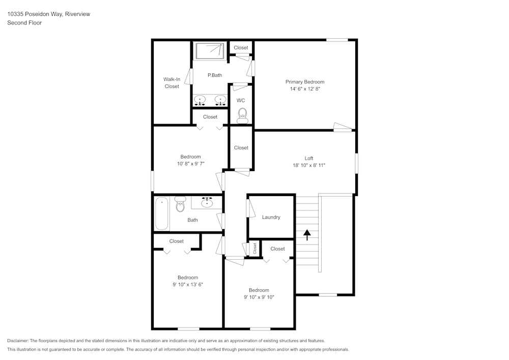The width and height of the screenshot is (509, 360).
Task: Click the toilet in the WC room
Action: point(242,115)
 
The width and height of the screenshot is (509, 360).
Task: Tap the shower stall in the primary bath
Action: point(210,50)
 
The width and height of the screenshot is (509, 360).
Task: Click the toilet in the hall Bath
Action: point(180,204)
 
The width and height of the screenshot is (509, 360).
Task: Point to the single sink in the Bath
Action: point(207,203)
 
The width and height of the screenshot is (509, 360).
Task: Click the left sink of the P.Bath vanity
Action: point(200,100)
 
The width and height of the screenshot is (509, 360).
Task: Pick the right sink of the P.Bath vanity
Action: point(220,100)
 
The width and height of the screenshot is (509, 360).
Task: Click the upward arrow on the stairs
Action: point(307,235)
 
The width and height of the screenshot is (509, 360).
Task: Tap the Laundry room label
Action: point(271,217)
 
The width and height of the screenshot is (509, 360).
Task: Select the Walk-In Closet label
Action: point(172,82)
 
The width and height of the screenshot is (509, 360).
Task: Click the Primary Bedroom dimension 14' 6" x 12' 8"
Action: point(304,89)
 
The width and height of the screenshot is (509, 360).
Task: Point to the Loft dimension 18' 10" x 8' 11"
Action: point(308,165)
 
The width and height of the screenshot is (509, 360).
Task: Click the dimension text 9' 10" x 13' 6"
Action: point(188,285)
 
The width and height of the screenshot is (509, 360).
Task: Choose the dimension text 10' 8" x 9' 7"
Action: point(190,163)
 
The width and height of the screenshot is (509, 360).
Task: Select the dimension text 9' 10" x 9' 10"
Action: point(259,297)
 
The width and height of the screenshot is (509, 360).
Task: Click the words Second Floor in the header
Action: point(24,23)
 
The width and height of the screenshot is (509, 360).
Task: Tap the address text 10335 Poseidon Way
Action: point(35,14)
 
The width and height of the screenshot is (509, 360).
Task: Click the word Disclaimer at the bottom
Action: point(18,341)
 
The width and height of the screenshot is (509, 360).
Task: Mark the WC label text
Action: point(241,100)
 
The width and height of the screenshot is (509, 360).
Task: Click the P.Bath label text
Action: point(215,75)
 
